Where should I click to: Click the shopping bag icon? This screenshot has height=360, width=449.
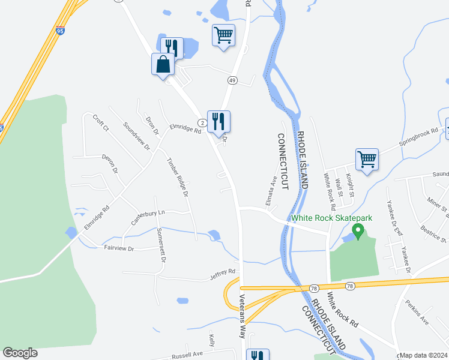click(163, 64)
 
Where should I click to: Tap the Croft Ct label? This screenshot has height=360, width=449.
click(100, 123)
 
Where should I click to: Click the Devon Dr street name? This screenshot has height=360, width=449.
click(109, 163)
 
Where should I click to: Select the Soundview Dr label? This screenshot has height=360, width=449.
click(136, 137)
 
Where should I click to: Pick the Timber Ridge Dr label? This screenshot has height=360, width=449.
click(178, 178)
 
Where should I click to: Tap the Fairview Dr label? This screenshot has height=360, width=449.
click(122, 248)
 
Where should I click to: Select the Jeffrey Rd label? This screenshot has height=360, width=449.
click(222, 275)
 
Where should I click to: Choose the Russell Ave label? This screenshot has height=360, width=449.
click(188, 355)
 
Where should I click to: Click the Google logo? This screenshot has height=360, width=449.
click(20, 353)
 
